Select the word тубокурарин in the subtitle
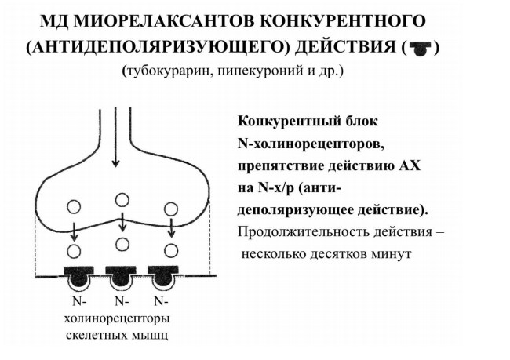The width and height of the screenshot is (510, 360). [x=168, y=71]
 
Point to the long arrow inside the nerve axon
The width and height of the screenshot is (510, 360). [x=115, y=137]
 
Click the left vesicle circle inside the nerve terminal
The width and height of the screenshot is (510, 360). [x=74, y=206]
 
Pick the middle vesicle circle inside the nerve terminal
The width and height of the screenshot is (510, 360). [x=122, y=200]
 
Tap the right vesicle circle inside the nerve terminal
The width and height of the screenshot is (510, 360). [x=171, y=209]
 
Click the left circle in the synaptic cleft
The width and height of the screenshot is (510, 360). [x=75, y=251]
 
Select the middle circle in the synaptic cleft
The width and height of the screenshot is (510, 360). [x=122, y=245]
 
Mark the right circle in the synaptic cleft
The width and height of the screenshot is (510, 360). [x=171, y=251]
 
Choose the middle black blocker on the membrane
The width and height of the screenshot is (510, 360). [x=121, y=275]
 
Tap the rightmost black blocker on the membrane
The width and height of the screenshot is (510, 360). [x=162, y=275]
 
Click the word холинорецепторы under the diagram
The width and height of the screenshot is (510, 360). [x=117, y=319]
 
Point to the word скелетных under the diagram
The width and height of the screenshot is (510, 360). [x=97, y=335]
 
